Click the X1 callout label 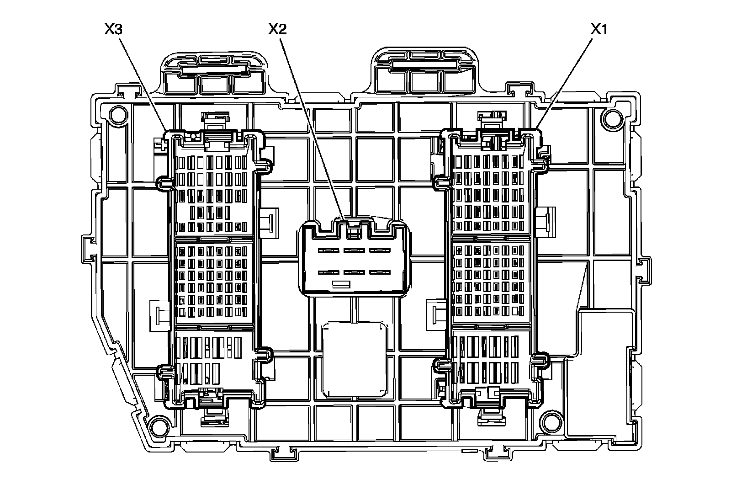[599, 30]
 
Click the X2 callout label [277, 30]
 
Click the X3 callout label [113, 30]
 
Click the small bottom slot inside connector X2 [341, 284]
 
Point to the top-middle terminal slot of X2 [354, 250]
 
